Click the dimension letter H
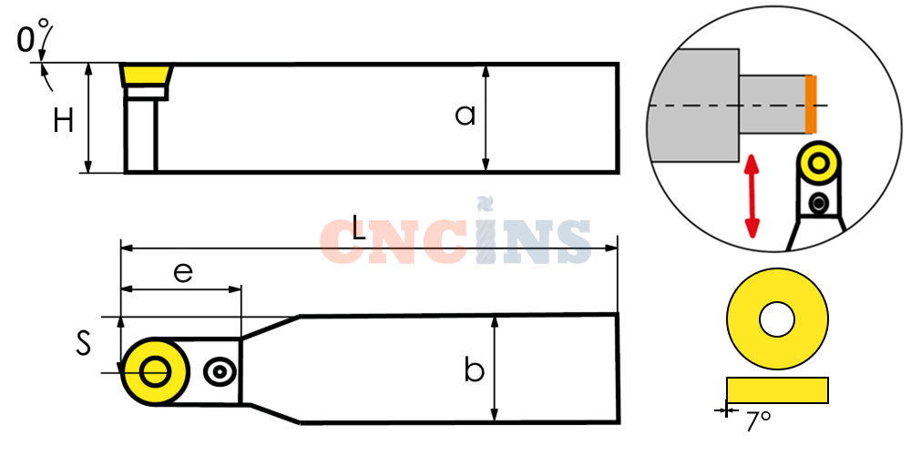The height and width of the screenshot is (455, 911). click(64, 121)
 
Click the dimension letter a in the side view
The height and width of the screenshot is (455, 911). click(465, 115)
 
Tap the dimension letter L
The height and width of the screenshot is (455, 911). click(359, 228)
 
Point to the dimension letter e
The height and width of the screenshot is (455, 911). click(183, 272)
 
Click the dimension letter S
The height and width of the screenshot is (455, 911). click(84, 342)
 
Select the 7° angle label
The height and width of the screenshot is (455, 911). click(758, 421)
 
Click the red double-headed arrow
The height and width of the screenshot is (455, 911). click(752, 196)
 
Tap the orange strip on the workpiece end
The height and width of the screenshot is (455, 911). click(811, 105)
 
